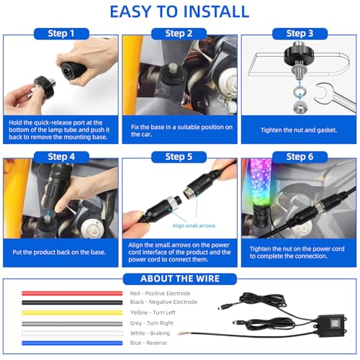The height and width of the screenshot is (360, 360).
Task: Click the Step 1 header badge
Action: point(61,34)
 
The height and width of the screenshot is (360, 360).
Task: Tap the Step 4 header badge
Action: point(61,157)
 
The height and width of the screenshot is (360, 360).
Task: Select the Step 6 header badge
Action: point(300,157)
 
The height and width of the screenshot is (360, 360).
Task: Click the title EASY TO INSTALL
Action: point(179,12)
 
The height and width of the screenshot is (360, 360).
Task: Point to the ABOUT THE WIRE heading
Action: point(180,279)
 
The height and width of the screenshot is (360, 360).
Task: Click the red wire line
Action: point(72,293)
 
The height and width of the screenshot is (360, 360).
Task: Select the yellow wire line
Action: point(72,313)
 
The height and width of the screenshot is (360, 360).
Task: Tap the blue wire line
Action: point(72,343)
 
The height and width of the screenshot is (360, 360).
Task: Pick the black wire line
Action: point(72,302)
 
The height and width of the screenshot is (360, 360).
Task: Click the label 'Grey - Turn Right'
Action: point(151,323)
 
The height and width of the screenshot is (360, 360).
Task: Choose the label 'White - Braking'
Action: point(150,333)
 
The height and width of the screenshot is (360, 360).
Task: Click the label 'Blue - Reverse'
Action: point(148,343)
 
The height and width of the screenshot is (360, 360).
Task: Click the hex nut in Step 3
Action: point(300,107)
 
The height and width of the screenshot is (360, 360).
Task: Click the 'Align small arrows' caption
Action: point(194,226)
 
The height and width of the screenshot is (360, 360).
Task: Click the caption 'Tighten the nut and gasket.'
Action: point(299,130)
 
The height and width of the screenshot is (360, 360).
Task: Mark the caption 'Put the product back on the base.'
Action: point(59,252)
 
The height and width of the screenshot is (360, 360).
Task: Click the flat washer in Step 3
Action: point(299,91)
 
